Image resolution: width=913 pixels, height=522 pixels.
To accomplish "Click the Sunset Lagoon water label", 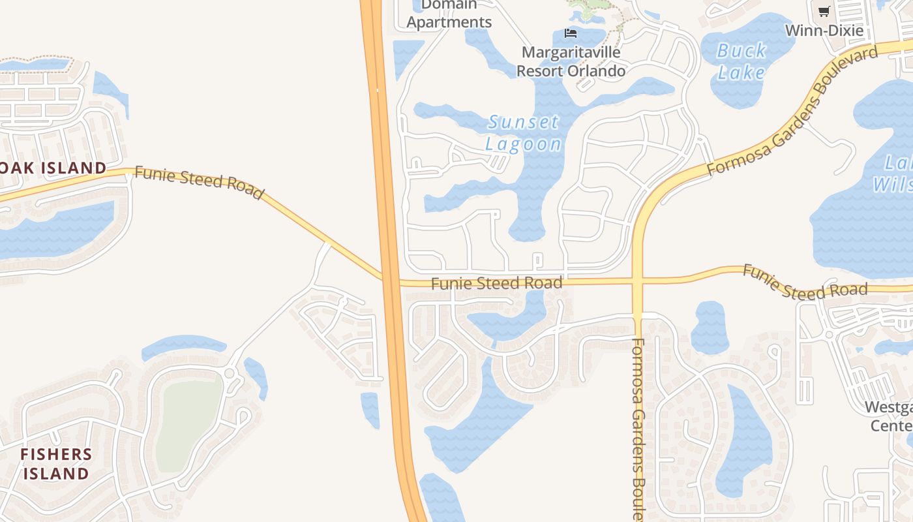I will tap(523, 133).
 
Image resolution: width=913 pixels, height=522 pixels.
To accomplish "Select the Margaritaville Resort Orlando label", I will tap(571, 61).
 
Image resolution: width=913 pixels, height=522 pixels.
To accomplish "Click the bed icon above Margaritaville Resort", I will tap(571, 33).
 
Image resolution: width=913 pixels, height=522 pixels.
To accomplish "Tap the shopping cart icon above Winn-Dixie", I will tap(824, 11).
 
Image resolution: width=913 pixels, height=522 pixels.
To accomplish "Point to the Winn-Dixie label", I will tap(824, 31).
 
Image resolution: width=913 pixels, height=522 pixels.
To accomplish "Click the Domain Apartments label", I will tap(449, 14).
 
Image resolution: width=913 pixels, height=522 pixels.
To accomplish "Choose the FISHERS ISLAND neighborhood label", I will tap(56, 464).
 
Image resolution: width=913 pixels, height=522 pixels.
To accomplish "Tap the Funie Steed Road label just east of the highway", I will tap(496, 283).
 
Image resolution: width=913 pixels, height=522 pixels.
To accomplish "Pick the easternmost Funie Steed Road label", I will tap(805, 282).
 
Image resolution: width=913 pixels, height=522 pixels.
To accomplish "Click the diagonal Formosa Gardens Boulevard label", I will tap(792, 111).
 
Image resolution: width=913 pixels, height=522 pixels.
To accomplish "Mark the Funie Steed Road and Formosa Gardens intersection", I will tap(638, 281).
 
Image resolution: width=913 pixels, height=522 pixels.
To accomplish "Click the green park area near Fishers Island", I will tap(189, 424).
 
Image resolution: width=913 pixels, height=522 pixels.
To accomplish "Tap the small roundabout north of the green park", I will tap(229, 373).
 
